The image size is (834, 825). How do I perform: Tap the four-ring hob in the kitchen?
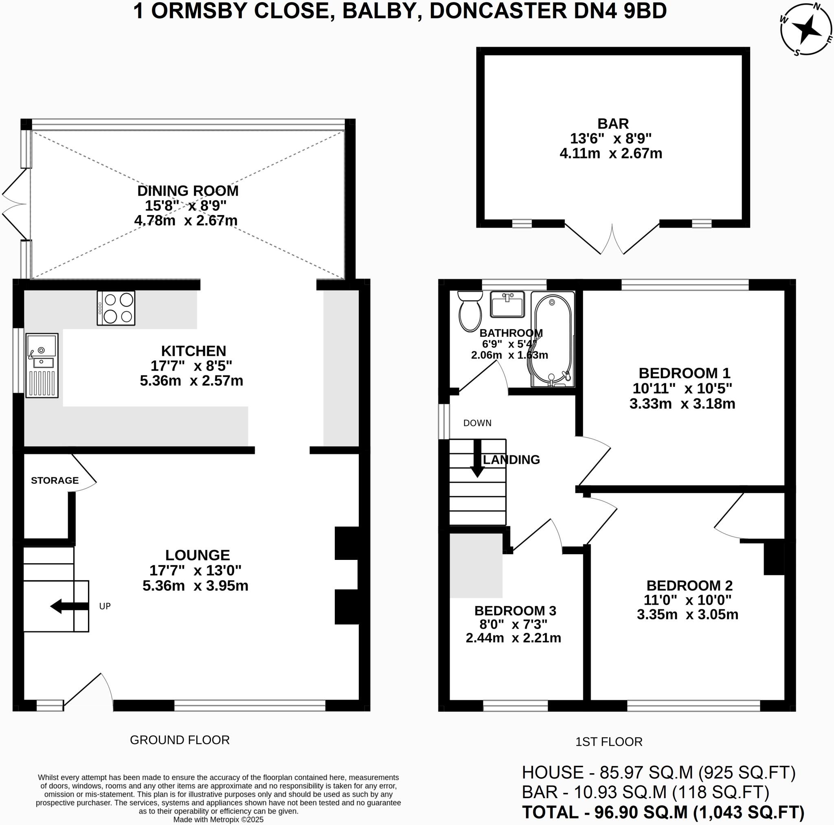coord(116,308)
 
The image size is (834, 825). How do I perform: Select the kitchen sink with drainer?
coord(42,365)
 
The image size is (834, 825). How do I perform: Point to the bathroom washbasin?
coord(507,304)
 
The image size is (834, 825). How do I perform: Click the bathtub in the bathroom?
coord(553,339)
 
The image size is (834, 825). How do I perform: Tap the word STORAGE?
coord(55,481)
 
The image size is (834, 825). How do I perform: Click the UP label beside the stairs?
coord(105,606)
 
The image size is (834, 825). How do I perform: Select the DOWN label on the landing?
coord(477,423)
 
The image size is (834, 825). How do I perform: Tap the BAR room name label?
coord(612,124)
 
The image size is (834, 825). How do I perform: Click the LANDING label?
coord(511,460)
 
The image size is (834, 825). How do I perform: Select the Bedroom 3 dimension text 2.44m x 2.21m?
coord(513,638)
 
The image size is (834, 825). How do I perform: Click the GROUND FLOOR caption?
coord(180,740)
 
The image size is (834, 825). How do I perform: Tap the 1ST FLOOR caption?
coord(609,742)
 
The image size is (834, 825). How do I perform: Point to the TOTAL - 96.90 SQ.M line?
coord(663,812)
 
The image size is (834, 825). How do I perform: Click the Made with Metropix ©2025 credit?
coord(218,819)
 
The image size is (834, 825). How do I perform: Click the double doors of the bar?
coord(612,239)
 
